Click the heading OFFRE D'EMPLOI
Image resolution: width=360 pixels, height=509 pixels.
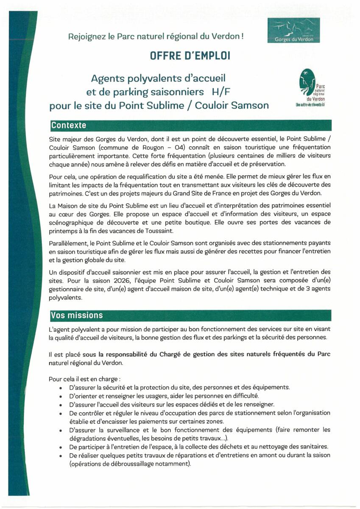pyautogui.click(x=190, y=56)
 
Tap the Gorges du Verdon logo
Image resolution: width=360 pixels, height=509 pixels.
pyautogui.click(x=294, y=31)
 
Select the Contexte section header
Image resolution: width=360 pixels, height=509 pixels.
pyautogui.click(x=68, y=125)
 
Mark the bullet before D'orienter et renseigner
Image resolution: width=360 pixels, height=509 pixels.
pyautogui.click(x=62, y=396)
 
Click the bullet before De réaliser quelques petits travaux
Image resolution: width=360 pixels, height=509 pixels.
pyautogui.click(x=62, y=456)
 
